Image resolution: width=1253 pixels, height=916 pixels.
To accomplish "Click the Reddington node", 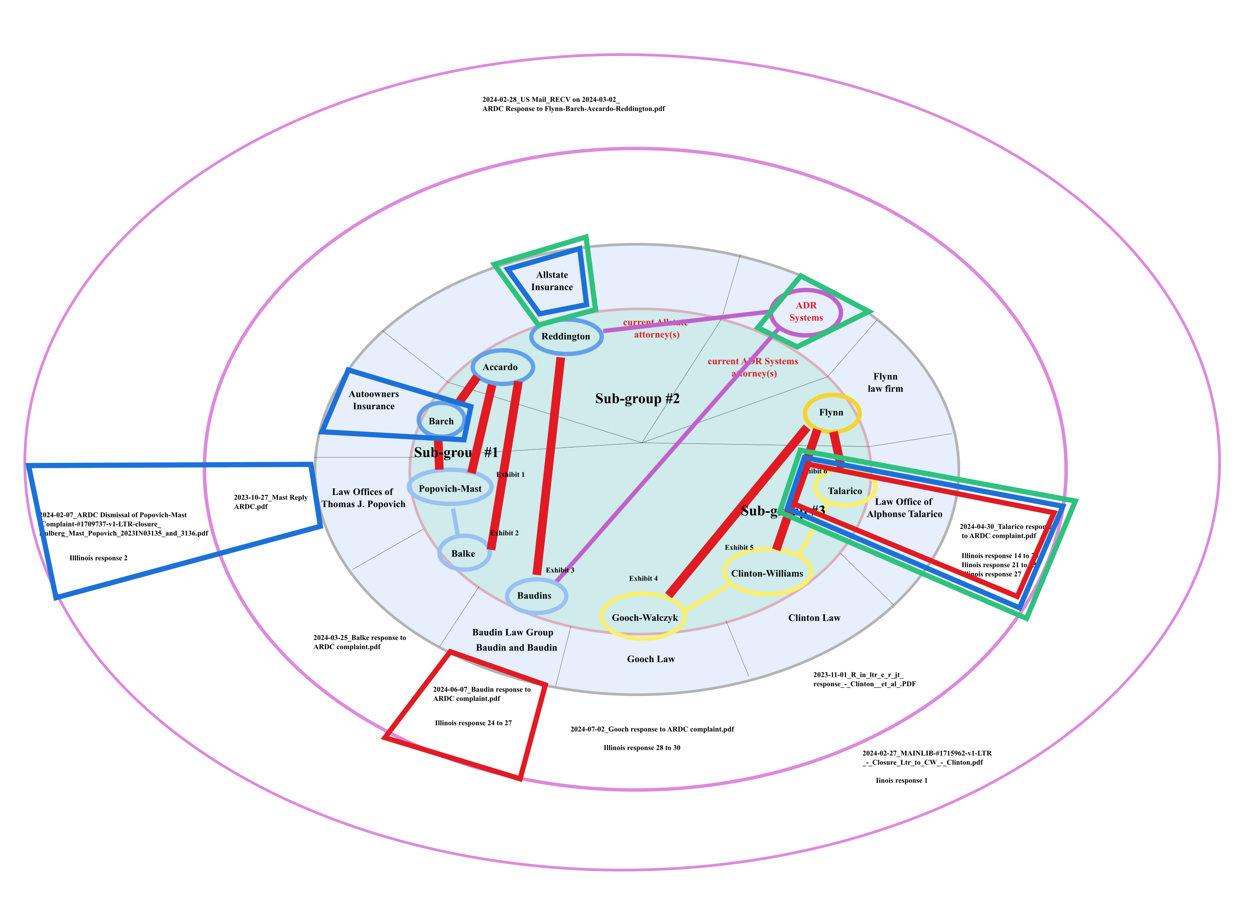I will tap(566, 337).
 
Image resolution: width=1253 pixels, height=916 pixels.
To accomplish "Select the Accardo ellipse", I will tap(502, 367).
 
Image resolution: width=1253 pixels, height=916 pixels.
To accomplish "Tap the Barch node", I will tap(441, 421).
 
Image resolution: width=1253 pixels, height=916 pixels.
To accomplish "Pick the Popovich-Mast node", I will tap(450, 488).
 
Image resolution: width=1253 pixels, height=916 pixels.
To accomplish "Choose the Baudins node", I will tap(535, 596).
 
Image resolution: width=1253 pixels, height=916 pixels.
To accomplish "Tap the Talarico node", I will tap(844, 491).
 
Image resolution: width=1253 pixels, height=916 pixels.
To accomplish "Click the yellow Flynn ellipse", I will tap(831, 413).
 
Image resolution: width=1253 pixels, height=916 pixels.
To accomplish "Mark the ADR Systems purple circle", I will tap(805, 311).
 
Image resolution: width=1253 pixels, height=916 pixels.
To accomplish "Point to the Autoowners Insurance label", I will tap(373, 400).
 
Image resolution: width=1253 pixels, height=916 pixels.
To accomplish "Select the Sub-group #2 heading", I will tap(637, 399).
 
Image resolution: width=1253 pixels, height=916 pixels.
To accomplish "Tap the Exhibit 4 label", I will tap(643, 578).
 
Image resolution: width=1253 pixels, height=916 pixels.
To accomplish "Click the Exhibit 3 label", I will tap(560, 570).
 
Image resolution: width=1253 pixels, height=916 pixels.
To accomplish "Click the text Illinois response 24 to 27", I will tap(473, 723).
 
